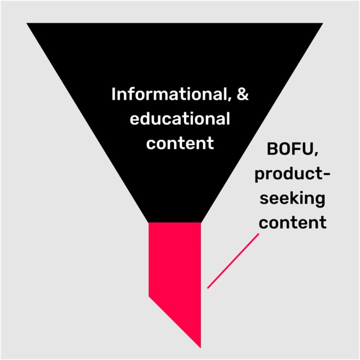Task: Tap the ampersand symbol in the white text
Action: coord(241,94)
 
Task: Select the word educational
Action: coord(180,119)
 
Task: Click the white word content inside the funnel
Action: coord(180,142)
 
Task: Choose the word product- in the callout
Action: coord(292,174)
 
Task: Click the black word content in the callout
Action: coord(292,221)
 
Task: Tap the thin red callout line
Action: coord(233,261)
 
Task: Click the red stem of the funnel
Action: coord(175,262)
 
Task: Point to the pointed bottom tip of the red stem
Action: coord(200,347)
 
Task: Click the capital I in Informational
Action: coord(114,95)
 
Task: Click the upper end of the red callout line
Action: coord(258,235)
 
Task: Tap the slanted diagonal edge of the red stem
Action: coord(174,322)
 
